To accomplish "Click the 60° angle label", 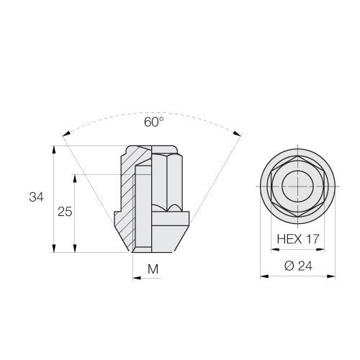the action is click(154, 122).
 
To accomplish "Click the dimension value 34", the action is click(36, 197).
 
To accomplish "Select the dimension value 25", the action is click(65, 212).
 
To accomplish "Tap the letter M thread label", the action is click(153, 269).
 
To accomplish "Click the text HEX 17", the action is click(298, 239).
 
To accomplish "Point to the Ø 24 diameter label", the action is click(299, 266).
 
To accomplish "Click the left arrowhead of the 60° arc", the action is click(66, 134).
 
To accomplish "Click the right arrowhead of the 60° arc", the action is click(237, 133).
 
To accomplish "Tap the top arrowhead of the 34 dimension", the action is click(54, 149).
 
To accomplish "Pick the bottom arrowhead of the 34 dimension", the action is click(54, 248).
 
